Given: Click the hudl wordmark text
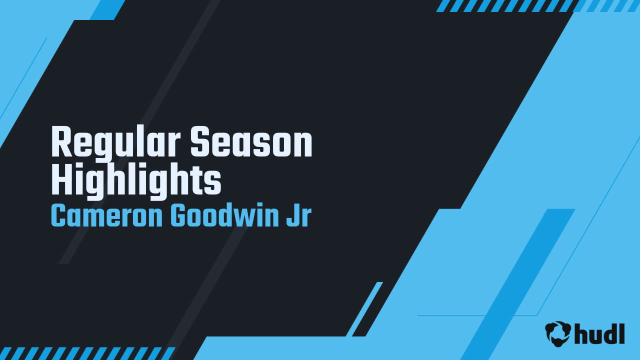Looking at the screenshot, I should [599, 333].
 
